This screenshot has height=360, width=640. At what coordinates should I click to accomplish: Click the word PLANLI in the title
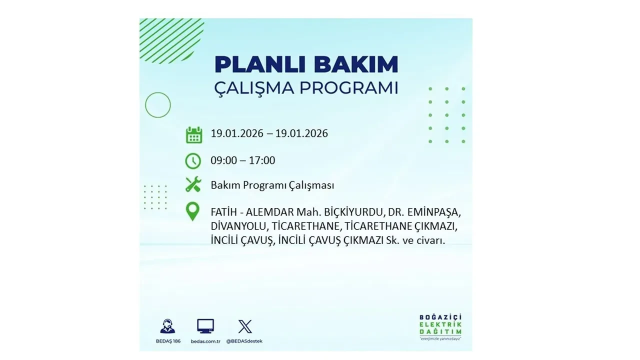(x=254, y=64)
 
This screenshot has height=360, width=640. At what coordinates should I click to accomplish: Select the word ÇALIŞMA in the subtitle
(x=253, y=88)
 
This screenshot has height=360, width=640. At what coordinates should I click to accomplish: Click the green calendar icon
(x=193, y=135)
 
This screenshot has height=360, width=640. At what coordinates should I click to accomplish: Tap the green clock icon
(x=193, y=161)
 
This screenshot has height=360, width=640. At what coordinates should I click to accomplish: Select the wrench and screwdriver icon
(x=193, y=184)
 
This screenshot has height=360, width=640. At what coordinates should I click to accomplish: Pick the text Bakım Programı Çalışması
(x=272, y=185)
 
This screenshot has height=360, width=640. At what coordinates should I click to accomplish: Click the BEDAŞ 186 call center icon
(x=167, y=326)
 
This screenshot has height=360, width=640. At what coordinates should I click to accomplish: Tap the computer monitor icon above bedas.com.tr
(x=205, y=326)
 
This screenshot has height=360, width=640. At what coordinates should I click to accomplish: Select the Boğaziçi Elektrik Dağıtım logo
(x=440, y=326)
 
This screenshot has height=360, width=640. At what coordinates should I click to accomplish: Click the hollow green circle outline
(x=158, y=105)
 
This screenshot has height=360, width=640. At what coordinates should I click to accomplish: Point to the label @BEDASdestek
(x=244, y=341)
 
